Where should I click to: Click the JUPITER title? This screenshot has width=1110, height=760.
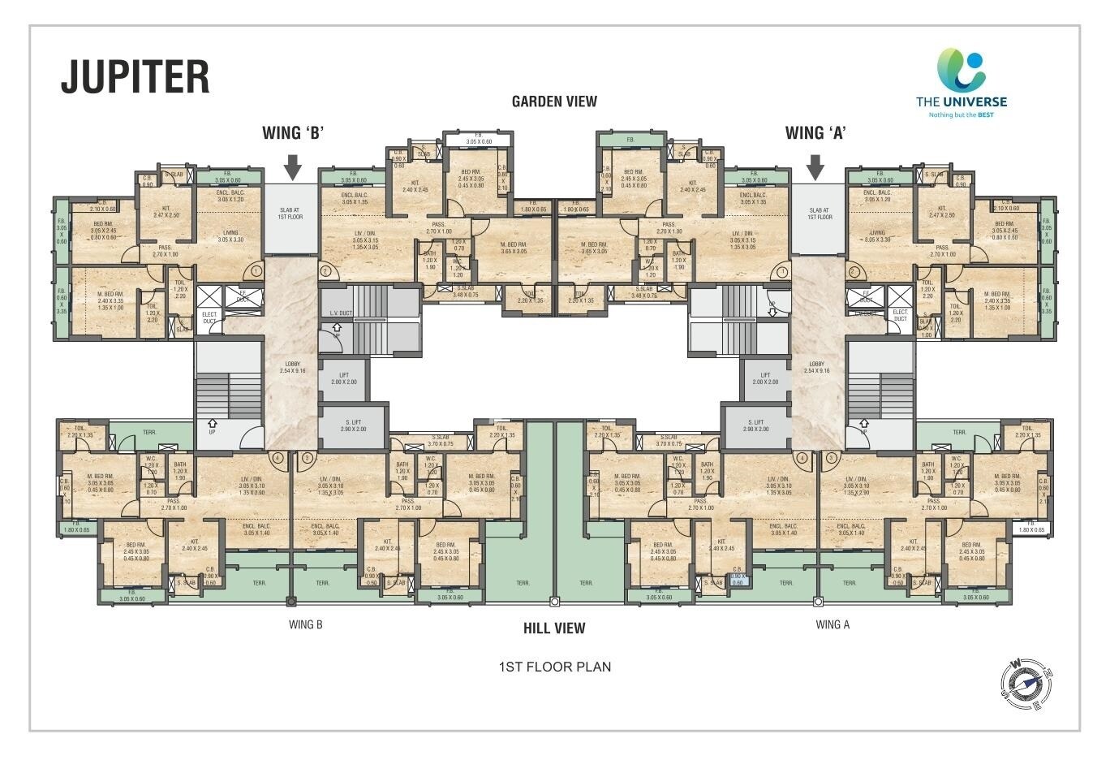click(x=136, y=76)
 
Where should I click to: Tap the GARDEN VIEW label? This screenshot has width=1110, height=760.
click(x=554, y=101)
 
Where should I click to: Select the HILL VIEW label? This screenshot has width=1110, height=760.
click(x=554, y=628)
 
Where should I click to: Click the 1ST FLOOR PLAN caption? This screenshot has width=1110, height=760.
click(x=554, y=667)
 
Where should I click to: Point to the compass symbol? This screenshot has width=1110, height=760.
click(x=1026, y=683)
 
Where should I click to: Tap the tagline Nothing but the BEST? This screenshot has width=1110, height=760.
click(x=961, y=115)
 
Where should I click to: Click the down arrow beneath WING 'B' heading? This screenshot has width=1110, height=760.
click(x=293, y=167)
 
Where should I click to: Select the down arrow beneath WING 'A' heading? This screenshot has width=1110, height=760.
click(x=815, y=167)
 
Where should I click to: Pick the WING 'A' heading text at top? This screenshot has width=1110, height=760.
click(x=815, y=133)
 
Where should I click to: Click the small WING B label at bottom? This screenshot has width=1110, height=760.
click(x=306, y=625)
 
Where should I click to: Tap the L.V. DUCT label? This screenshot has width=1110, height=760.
click(x=341, y=313)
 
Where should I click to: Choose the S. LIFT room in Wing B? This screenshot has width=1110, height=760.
click(x=353, y=425)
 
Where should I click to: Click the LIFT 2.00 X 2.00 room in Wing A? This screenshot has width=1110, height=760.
click(x=764, y=378)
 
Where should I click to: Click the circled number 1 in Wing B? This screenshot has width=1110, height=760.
click(x=256, y=271)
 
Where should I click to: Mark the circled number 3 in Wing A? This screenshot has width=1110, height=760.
click(x=831, y=458)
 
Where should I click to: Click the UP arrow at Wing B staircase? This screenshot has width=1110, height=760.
click(x=213, y=425)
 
